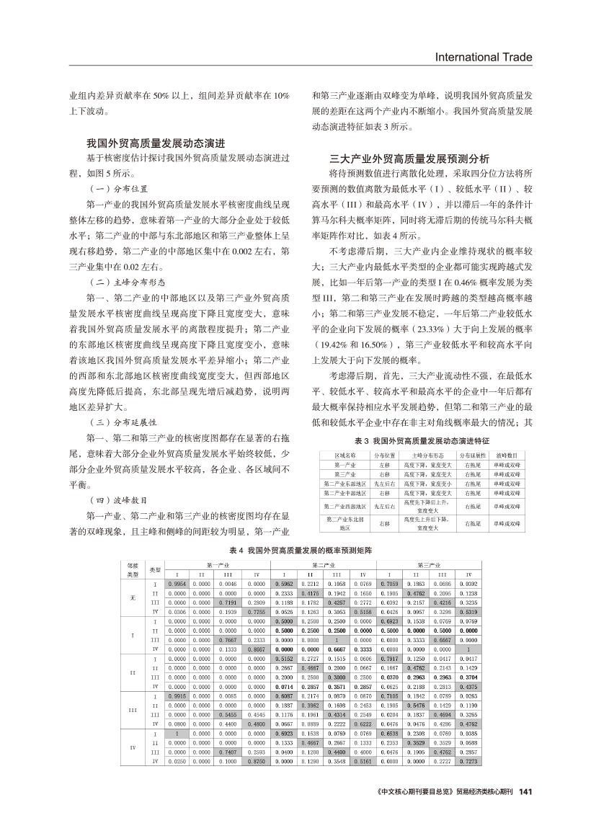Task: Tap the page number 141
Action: (525, 793)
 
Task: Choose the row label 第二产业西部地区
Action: (345, 507)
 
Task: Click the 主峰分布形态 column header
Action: (427, 455)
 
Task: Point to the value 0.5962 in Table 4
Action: (284, 582)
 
